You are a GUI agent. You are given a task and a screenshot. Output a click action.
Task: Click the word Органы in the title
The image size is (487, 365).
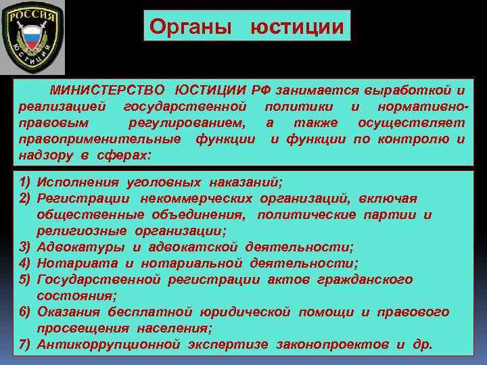point(191,26)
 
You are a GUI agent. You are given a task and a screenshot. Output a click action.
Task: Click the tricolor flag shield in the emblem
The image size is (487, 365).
point(32,38)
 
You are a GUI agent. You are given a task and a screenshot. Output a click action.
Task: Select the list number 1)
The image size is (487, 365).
point(25,182)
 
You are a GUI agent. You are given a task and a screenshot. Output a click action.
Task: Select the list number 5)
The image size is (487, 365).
point(25,279)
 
